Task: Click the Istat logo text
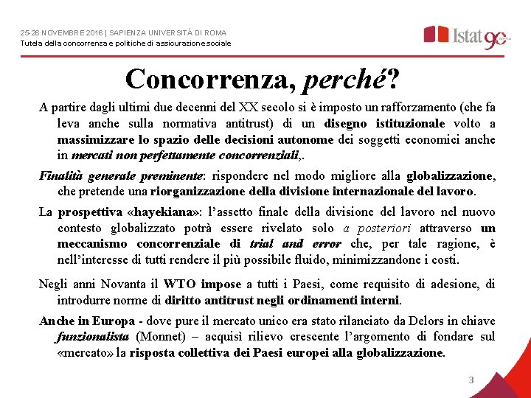pyautogui.click(x=462, y=36)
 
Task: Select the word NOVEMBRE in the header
pyautogui.click(x=62, y=33)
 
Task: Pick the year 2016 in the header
pyautogui.click(x=93, y=33)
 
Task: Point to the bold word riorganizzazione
pyautogui.click(x=196, y=192)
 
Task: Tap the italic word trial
pyautogui.click(x=261, y=244)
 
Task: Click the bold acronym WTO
pyautogui.click(x=180, y=284)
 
